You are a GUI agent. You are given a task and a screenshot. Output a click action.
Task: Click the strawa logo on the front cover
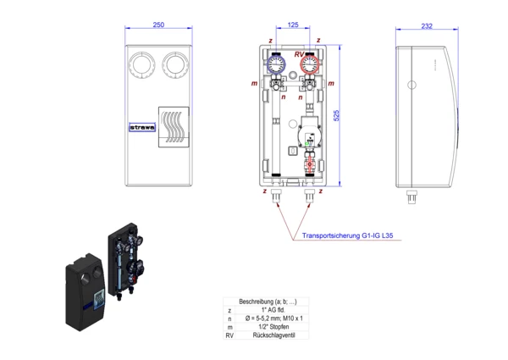coord(140,129)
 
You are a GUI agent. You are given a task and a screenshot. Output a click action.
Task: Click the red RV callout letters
coord(299,54)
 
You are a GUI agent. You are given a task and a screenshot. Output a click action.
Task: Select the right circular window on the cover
coord(175,64)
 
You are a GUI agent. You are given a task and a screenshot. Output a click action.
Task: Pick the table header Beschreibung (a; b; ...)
coord(268,302)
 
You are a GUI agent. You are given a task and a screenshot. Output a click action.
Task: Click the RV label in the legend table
coord(229,335)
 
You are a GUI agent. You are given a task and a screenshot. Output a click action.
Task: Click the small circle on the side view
coord(413,86)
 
